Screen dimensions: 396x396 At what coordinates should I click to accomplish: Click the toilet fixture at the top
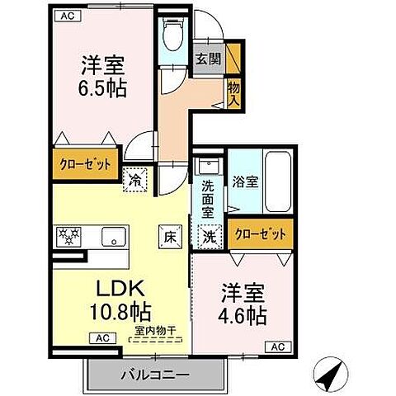[x=172, y=34]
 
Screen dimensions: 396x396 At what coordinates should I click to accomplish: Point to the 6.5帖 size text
[x=104, y=87]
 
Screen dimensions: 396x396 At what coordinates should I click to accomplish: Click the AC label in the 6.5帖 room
[x=68, y=16]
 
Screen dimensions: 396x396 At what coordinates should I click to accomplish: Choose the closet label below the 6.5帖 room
[x=84, y=163]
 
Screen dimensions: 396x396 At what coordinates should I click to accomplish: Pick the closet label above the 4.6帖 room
[x=260, y=233]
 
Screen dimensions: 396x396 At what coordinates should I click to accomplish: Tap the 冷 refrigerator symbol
[x=134, y=177]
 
